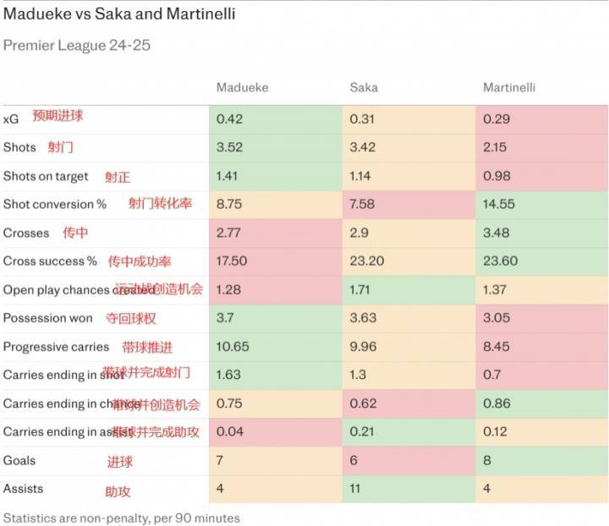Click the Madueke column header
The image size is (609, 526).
[x=244, y=88]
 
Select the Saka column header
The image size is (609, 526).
[x=364, y=88]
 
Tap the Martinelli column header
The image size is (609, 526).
[x=509, y=88]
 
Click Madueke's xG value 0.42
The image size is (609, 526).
[x=230, y=119]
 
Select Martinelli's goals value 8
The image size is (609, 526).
[x=487, y=461]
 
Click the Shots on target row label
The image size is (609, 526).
[x=46, y=176]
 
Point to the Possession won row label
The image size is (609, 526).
[x=47, y=318]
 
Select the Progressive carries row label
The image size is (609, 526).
[x=56, y=347]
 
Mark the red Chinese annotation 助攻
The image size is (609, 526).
[x=118, y=490]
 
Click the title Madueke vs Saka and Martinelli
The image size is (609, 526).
[x=119, y=14]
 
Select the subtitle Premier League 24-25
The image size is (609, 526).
[x=77, y=46]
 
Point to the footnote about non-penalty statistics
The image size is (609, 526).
[x=122, y=517]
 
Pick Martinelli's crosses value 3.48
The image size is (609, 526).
[x=497, y=233]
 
